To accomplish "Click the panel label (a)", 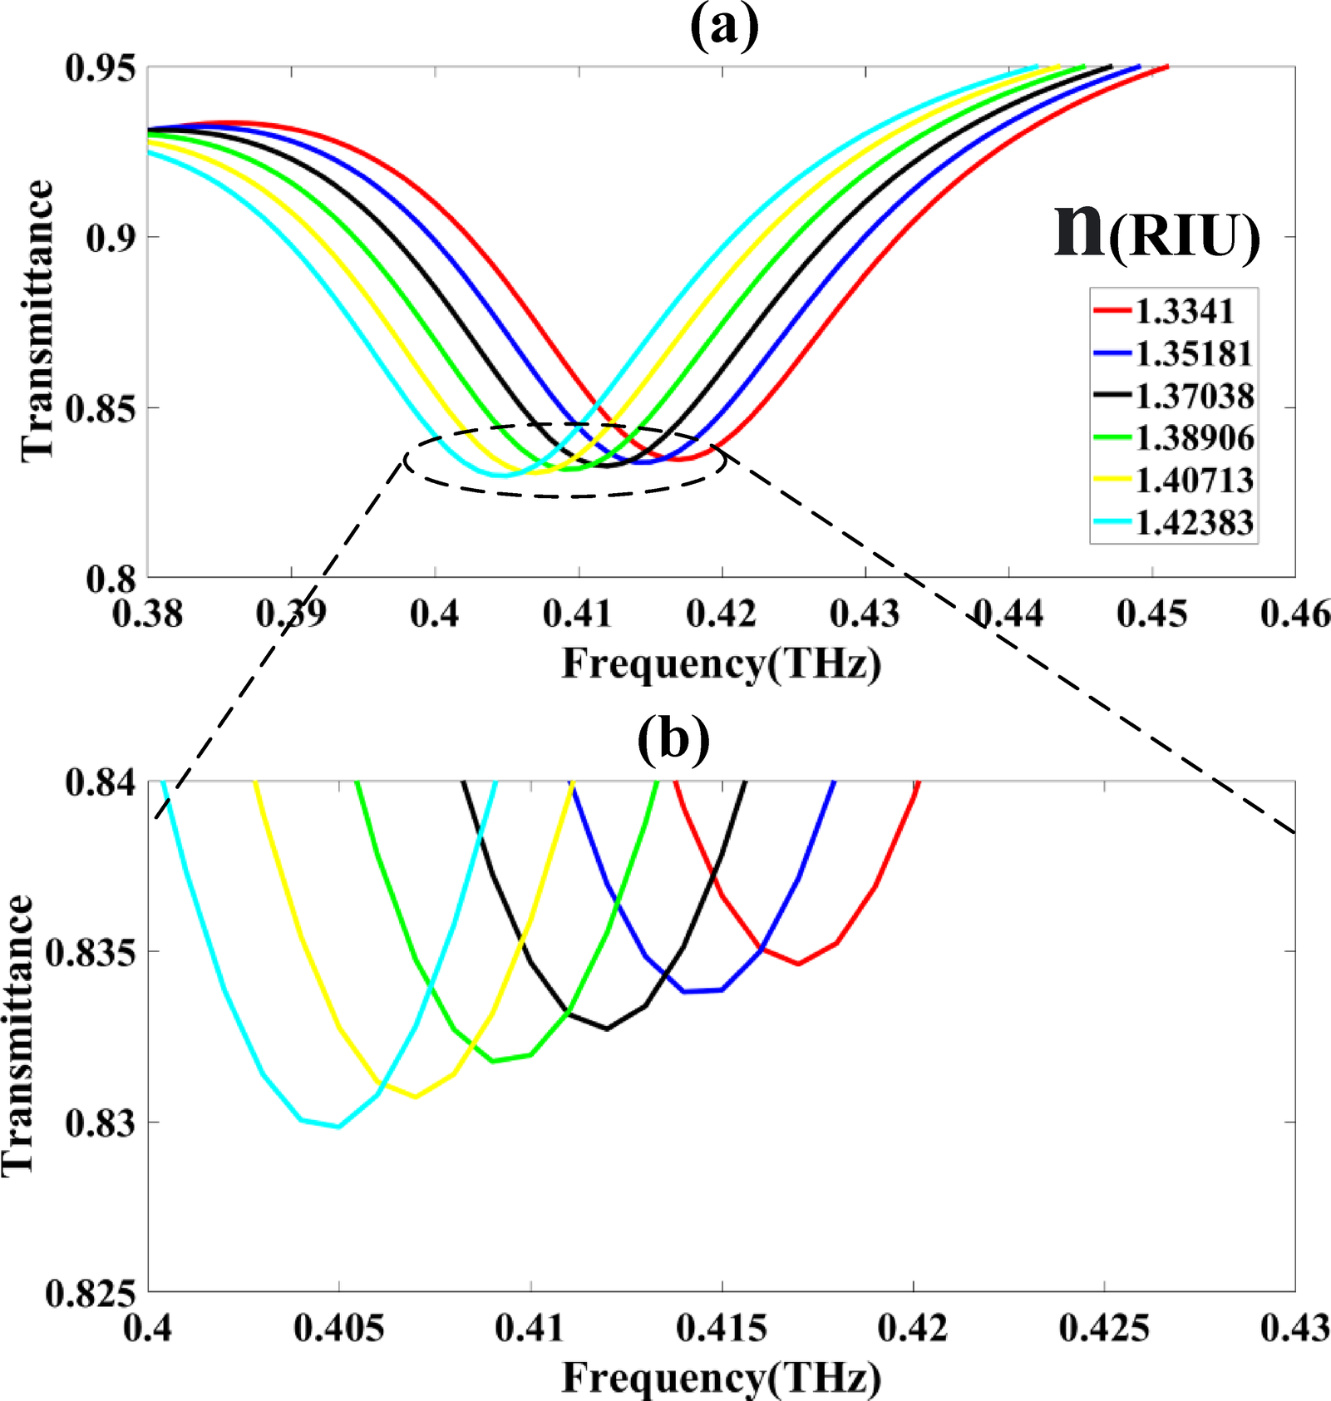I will tap(724, 27).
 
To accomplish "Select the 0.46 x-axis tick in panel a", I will tap(1294, 614).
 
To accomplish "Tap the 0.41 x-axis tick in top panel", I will tap(578, 614).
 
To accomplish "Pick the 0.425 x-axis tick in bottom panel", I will tap(1104, 1329).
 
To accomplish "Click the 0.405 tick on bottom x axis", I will tap(339, 1329).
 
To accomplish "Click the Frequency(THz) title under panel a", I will tap(721, 664).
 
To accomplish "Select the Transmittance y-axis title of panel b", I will tap(18, 1034).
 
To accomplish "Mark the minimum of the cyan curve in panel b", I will tap(338, 1127).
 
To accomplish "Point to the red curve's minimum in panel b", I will tap(798, 964).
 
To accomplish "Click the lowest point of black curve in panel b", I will tap(607, 1029).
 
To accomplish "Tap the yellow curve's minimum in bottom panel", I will tap(415, 1097).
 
